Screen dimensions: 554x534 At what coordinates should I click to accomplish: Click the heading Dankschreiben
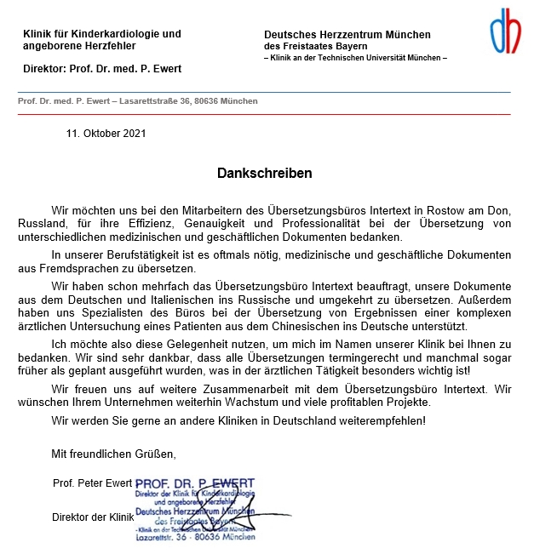tap(265, 173)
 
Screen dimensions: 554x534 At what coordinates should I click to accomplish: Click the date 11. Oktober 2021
tap(106, 134)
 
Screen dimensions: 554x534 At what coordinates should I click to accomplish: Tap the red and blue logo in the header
tap(505, 31)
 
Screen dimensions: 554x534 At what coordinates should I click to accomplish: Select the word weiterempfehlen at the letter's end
tap(381, 420)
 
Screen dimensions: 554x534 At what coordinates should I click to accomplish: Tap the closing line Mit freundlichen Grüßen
tap(113, 453)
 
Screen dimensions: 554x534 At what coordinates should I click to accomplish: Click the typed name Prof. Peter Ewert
tap(92, 483)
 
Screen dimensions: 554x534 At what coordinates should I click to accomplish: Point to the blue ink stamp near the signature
tap(195, 511)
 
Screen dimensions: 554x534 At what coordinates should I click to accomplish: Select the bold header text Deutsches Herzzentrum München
tap(347, 35)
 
